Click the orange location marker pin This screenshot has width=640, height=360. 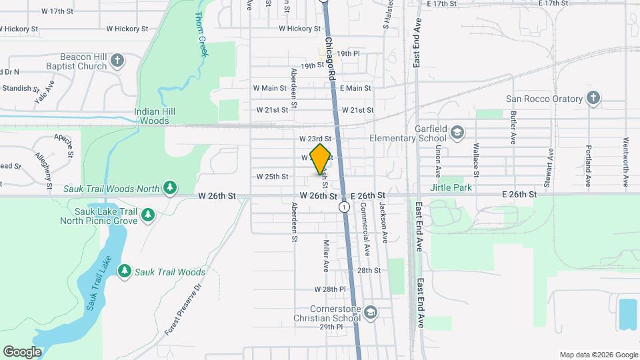point(320,159)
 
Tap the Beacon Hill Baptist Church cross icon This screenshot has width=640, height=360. point(117,61)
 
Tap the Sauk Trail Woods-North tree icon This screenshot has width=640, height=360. point(171,189)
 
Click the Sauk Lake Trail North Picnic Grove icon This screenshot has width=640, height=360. point(148,215)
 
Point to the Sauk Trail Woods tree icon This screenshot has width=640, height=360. point(124,271)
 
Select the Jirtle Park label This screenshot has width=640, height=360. point(451,188)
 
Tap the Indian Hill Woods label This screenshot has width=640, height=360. point(155,116)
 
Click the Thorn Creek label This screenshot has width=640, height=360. point(202,34)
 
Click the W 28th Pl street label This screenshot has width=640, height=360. point(331,289)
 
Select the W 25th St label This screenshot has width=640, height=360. point(272,177)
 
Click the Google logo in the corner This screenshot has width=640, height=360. point(22,351)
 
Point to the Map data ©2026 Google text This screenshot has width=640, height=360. point(598,355)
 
